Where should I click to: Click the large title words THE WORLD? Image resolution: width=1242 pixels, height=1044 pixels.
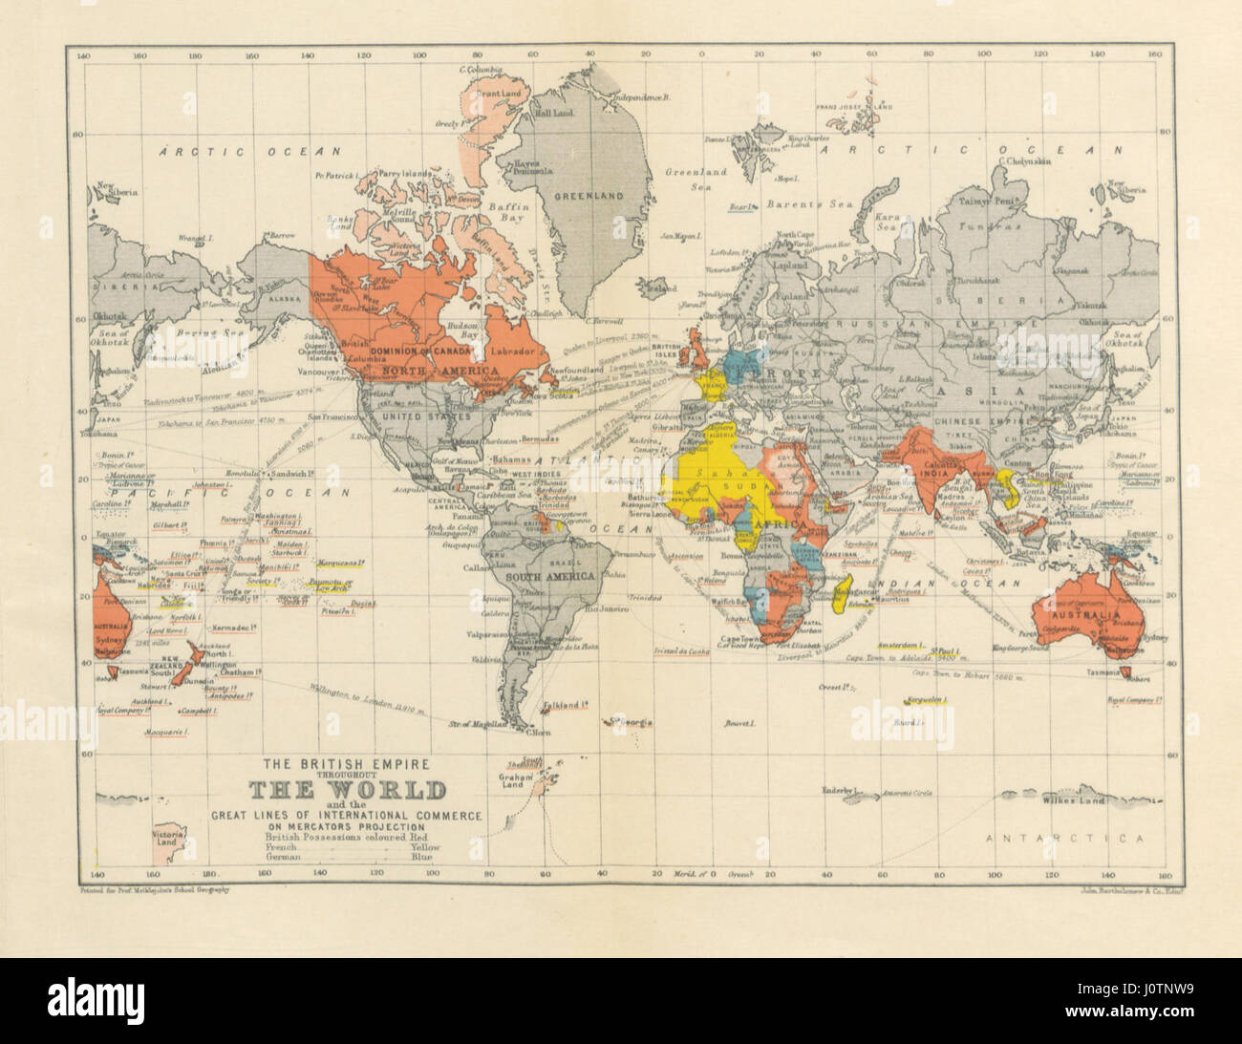pos(348,791)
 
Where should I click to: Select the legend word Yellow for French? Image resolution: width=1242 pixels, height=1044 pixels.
pos(424,846)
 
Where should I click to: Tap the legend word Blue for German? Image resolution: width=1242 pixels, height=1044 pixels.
pos(420,857)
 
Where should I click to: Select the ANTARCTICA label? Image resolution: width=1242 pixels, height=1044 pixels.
pos(1063,839)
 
